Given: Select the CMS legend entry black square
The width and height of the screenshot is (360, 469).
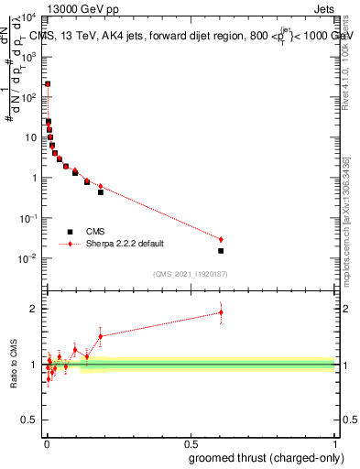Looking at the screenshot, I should (70, 232).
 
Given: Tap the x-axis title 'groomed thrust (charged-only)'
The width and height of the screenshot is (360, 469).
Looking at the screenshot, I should (262, 458).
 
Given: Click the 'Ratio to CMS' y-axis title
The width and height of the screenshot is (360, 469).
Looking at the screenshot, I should (15, 365).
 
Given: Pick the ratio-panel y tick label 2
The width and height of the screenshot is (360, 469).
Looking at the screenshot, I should (35, 309).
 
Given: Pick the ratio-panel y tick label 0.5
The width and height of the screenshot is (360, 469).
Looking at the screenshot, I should (30, 421).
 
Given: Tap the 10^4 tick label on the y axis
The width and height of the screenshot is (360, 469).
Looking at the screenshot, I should (27, 17).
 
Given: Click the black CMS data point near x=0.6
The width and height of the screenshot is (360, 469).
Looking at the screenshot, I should (221, 250).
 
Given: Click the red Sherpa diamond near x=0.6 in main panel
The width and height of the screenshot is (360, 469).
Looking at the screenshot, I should (221, 239).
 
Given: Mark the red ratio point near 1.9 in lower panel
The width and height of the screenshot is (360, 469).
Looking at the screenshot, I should (221, 312).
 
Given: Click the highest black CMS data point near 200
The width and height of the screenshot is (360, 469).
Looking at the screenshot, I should (48, 84).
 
